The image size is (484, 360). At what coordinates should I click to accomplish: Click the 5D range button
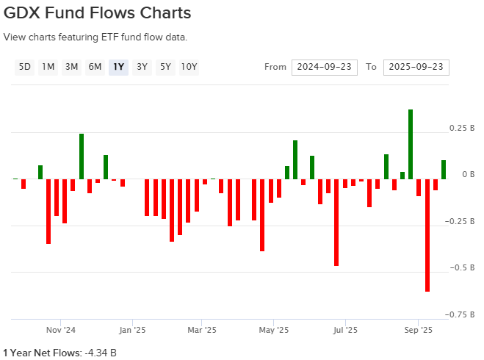tap(25, 67)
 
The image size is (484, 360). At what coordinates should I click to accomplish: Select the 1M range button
tap(48, 67)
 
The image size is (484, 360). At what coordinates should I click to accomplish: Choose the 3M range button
tap(71, 67)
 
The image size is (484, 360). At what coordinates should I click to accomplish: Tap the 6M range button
tap(95, 67)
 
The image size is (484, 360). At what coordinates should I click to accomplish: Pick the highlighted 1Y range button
tap(118, 67)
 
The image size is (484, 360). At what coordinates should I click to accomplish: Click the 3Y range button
tap(142, 67)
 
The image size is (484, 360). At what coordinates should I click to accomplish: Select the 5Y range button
tap(165, 67)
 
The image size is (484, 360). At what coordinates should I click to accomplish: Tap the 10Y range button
tap(189, 67)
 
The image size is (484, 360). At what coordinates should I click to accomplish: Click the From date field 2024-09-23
tap(324, 67)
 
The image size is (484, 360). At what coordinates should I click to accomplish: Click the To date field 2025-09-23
tap(416, 67)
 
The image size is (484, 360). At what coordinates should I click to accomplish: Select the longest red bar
tap(427, 235)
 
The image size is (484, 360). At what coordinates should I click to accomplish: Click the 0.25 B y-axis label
tap(456, 128)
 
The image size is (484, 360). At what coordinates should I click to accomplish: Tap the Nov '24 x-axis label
tap(61, 330)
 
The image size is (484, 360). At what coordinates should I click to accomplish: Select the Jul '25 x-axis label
tap(345, 330)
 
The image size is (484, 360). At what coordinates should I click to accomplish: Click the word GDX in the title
tap(26, 13)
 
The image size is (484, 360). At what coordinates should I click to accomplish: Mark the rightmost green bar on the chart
tap(444, 170)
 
